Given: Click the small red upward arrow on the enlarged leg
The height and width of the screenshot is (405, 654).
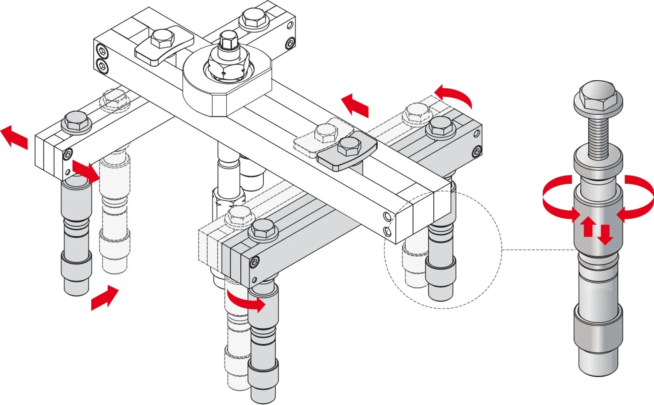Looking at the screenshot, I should [x=588, y=226].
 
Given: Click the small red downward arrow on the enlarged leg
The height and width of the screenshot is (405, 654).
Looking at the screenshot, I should [x=605, y=234].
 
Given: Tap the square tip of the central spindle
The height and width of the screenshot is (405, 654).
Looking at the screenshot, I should [x=228, y=40].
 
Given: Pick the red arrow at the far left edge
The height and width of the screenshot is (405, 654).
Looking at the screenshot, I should [x=14, y=137].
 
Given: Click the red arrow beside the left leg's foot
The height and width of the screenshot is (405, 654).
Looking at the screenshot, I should [x=104, y=298].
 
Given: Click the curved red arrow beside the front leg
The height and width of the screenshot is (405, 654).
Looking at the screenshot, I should [x=247, y=302].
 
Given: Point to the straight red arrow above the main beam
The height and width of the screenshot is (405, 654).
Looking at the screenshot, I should [x=355, y=105].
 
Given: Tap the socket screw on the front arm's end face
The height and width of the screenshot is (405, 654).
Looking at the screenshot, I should [x=254, y=262].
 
